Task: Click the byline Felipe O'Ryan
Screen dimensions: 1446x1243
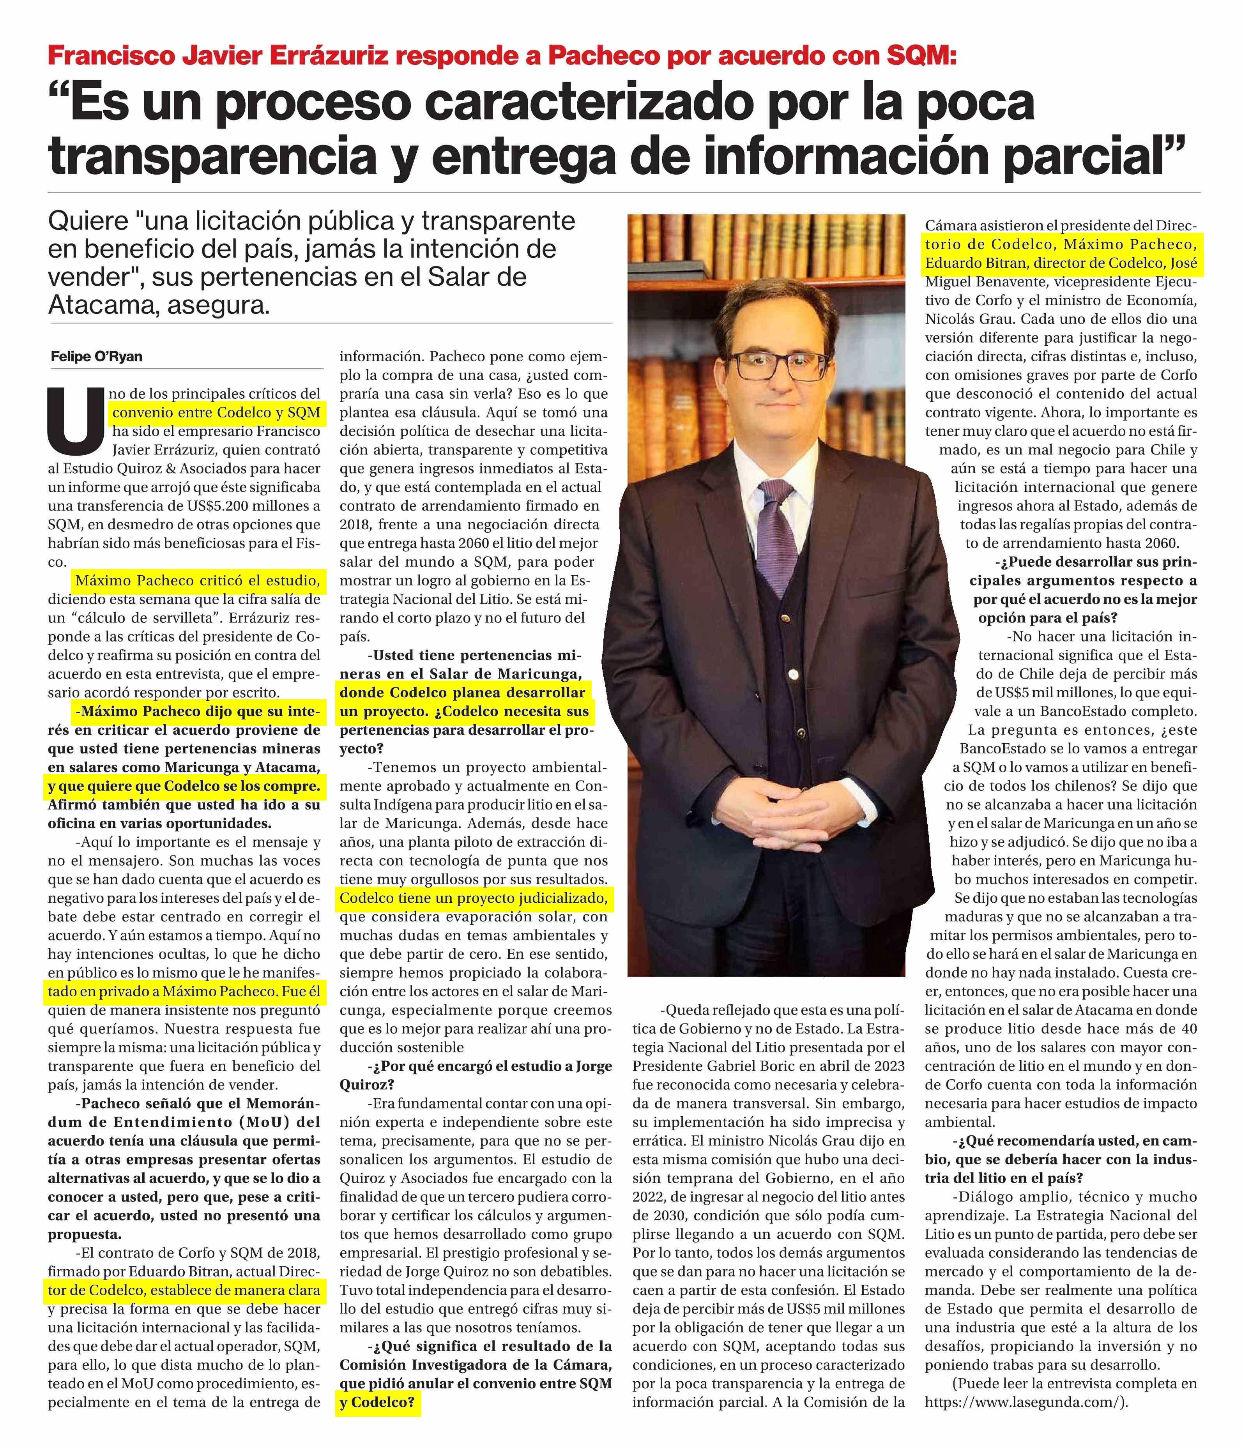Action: coord(96,357)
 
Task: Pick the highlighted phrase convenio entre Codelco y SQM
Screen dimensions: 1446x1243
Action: coord(216,412)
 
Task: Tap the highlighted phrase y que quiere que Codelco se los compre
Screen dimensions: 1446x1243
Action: coord(184,787)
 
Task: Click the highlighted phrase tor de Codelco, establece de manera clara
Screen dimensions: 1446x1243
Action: coord(184,1290)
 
